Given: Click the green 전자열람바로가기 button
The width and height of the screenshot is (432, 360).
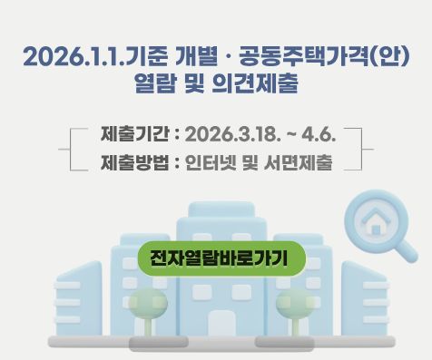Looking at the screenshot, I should pyautogui.click(x=218, y=258).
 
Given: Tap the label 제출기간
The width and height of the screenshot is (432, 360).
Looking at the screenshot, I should pyautogui.click(x=134, y=136).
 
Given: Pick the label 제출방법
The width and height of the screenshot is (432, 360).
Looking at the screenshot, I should pyautogui.click(x=134, y=164).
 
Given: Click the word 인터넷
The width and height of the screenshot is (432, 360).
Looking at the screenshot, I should pyautogui.click(x=211, y=164).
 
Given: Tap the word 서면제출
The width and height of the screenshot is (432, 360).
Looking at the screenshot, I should pyautogui.click(x=301, y=164).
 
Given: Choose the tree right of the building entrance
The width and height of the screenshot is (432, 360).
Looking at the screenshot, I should pyautogui.click(x=291, y=305).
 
